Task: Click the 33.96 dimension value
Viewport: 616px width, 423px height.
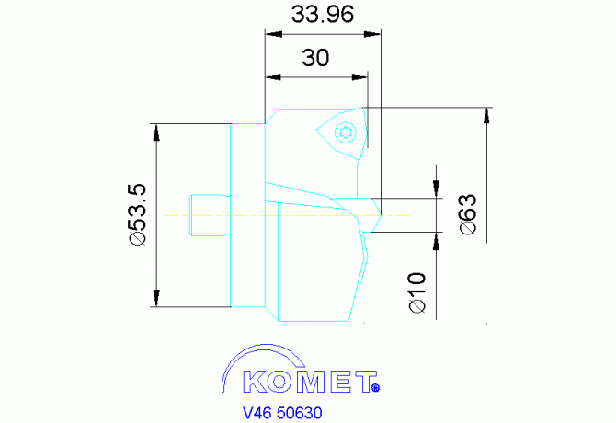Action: click(322, 16)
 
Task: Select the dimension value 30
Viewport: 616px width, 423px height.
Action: click(315, 58)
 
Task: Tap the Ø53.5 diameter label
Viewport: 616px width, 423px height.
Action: click(138, 214)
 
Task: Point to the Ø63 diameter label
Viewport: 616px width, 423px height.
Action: click(466, 215)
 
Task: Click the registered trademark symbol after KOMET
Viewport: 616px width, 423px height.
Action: click(375, 388)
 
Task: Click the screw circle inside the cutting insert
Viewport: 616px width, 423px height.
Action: click(346, 131)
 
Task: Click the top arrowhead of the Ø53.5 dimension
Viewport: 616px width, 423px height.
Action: click(157, 130)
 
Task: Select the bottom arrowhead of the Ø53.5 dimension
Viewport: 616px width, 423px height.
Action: click(157, 300)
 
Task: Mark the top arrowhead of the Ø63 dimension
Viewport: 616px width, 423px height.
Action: click(486, 115)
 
